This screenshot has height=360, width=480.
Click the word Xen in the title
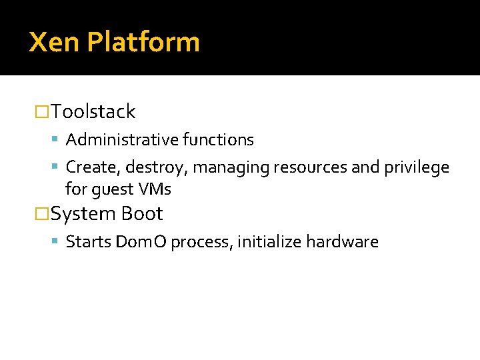point(55,42)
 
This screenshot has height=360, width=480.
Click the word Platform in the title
point(143,43)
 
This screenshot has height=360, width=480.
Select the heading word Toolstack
point(93,111)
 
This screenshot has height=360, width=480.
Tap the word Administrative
point(121,140)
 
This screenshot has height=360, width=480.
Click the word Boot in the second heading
point(142,214)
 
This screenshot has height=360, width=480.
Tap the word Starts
point(88,242)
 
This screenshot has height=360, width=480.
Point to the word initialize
point(269,242)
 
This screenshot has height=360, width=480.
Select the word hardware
point(342,242)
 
